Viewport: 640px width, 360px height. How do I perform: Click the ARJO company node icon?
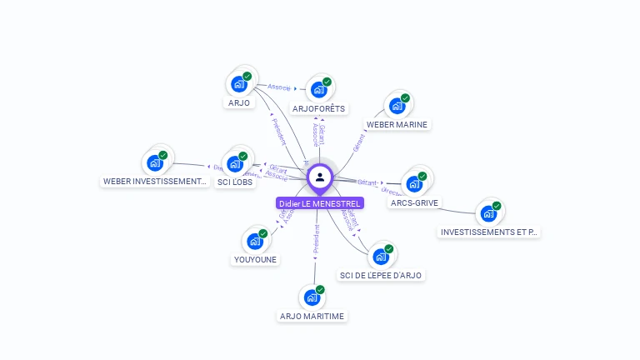pos(240,84)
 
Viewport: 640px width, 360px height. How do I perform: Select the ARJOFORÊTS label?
pos(318,108)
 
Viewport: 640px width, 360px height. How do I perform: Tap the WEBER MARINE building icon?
pos(397,106)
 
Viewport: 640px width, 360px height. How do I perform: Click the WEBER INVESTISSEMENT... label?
pos(155,181)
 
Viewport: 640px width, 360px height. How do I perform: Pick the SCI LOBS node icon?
pos(236,163)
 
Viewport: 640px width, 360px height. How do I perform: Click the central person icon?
pos(320,177)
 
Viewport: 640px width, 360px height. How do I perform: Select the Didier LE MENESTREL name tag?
pos(320,203)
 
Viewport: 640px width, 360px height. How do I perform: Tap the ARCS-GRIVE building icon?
pos(414,184)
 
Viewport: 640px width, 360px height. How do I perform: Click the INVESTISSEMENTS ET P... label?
pos(489,232)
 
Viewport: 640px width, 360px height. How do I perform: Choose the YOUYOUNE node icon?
pos(255,242)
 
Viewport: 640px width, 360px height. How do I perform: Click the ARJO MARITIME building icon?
pos(312,297)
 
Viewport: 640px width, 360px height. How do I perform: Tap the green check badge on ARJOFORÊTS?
pos(327,82)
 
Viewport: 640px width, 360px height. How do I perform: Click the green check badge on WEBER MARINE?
pos(405,98)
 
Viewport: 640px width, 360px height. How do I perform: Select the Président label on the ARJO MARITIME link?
pos(316,237)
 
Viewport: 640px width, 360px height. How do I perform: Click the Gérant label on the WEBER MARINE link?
pos(359,142)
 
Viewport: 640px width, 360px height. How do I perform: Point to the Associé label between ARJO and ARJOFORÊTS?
pos(278,86)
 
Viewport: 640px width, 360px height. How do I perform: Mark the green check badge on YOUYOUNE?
pos(263,234)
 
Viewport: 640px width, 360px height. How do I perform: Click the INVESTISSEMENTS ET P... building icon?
pos(488,213)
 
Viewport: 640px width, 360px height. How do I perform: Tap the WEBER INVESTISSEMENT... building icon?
pos(155,163)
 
